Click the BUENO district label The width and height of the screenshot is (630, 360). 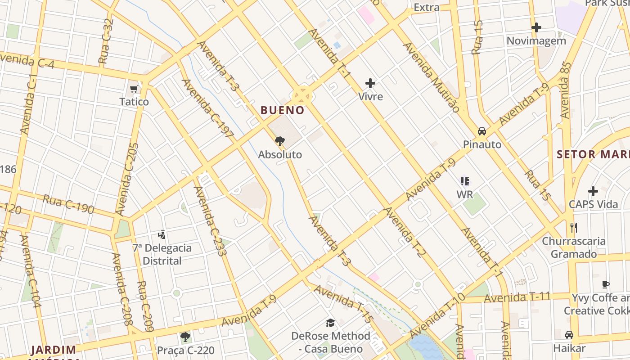point(283,110)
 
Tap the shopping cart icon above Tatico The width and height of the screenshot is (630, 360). point(134,89)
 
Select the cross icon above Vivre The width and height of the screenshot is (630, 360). point(370,83)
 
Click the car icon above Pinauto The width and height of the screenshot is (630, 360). point(482,131)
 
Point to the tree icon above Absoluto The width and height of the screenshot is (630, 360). point(280,141)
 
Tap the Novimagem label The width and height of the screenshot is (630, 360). point(536,41)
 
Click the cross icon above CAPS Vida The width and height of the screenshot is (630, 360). point(593,191)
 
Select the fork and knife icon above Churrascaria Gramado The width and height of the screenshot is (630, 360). point(573,228)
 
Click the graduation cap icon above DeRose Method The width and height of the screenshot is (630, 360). point(331,323)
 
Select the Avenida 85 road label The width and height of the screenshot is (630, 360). point(566,90)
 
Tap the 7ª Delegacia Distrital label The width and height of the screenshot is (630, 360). point(162,254)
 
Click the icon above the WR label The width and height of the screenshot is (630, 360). point(465,181)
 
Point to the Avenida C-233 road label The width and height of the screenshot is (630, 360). point(210,221)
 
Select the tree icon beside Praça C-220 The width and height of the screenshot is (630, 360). point(185,337)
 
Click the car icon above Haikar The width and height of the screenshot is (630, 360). point(569,335)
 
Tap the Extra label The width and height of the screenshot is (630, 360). point(426,7)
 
